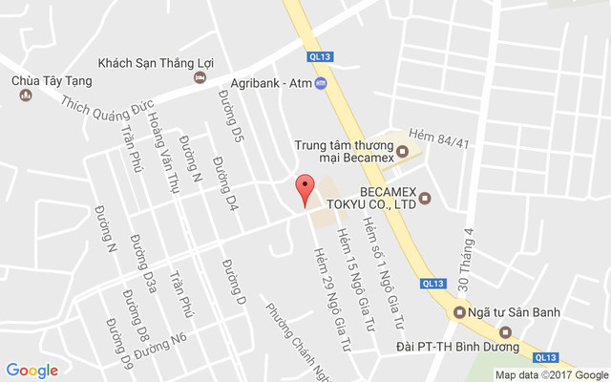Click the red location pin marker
(x=305, y=190)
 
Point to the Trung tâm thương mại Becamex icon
(x=403, y=152)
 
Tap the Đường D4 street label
(x=224, y=182)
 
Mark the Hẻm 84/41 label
(x=438, y=139)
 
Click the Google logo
(x=32, y=370)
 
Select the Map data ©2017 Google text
(x=551, y=374)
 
